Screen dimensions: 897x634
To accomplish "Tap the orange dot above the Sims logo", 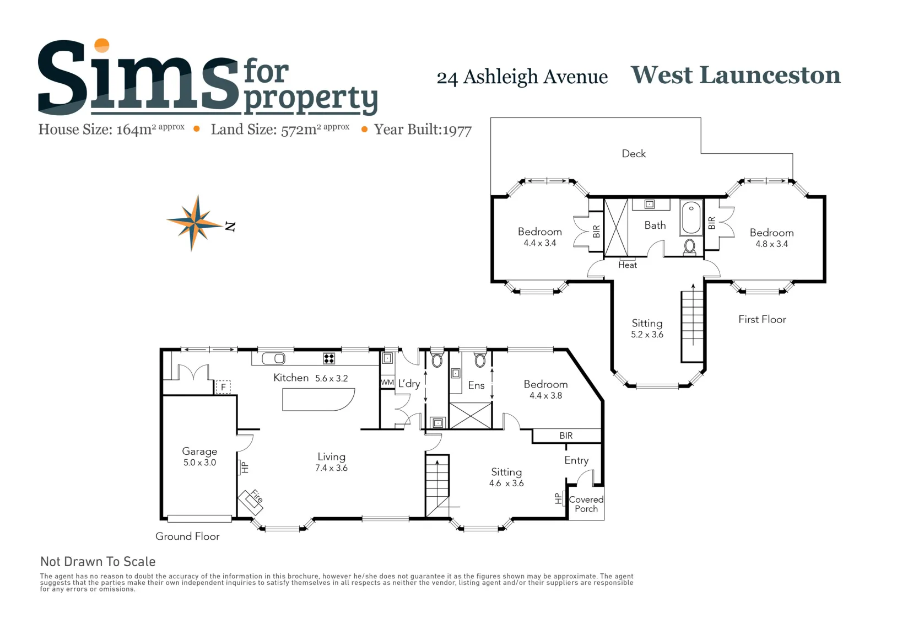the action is coord(102,45).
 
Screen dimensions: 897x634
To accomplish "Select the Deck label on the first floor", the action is coord(634,153).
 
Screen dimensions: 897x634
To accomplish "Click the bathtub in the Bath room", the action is coord(691,218).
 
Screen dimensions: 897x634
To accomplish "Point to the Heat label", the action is coord(627,265).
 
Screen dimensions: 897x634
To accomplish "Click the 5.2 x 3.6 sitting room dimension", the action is coord(647,334).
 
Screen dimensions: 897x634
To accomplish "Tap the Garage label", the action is coord(199,452).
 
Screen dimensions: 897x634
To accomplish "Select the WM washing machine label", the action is coord(387,382).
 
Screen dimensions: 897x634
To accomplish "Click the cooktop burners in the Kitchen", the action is coord(329,358).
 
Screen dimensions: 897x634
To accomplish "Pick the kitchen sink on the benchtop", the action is coord(273,358).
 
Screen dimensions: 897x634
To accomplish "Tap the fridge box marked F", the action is coord(223,387).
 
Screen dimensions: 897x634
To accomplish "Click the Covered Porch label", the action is coord(586,504).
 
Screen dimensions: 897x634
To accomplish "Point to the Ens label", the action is coord(476,385).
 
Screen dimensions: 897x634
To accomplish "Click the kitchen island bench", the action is coord(318,400).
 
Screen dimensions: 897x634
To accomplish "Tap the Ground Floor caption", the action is coord(187,536).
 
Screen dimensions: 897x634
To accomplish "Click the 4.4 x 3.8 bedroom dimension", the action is coord(545,395).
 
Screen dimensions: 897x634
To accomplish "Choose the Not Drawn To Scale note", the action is coord(98,561).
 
